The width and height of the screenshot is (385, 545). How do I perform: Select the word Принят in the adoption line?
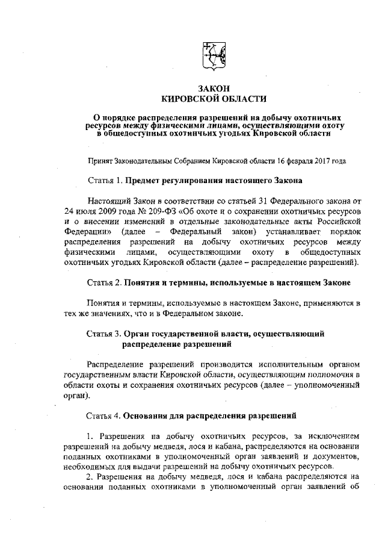click(100, 161)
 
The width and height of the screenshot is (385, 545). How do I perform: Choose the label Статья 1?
click(105, 181)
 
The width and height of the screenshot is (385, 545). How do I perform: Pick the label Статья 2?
click(105, 282)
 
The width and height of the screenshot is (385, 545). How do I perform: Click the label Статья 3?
click(105, 332)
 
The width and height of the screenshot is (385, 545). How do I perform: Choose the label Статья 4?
click(105, 416)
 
